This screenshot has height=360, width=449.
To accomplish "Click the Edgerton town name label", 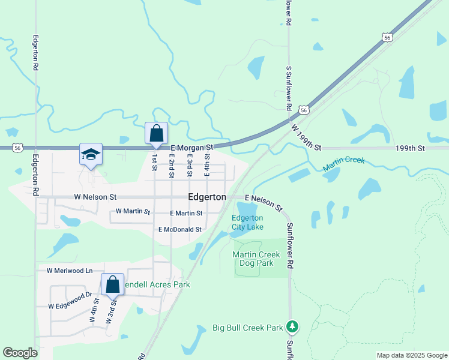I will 207,197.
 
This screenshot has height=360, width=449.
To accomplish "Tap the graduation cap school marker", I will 91,155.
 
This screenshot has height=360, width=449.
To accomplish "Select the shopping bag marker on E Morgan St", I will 156,134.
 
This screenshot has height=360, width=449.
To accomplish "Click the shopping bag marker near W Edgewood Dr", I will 112,285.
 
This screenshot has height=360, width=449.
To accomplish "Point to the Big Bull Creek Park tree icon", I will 293,326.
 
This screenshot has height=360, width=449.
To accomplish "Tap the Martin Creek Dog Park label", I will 253,259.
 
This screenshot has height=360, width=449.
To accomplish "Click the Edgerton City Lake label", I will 248,222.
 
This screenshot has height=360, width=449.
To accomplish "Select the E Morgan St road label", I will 192,147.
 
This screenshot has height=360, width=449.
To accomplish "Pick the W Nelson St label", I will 95,197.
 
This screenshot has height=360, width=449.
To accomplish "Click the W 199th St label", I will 306,137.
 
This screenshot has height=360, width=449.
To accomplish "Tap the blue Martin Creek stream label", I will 345,164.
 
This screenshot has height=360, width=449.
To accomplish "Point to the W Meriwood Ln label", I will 71,271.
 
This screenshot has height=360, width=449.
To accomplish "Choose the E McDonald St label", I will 179,229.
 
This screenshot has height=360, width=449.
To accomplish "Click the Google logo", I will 20,353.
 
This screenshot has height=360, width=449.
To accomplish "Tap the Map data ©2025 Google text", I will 411,355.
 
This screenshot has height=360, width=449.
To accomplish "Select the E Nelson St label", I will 263,202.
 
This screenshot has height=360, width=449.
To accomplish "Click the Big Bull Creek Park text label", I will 247,328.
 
